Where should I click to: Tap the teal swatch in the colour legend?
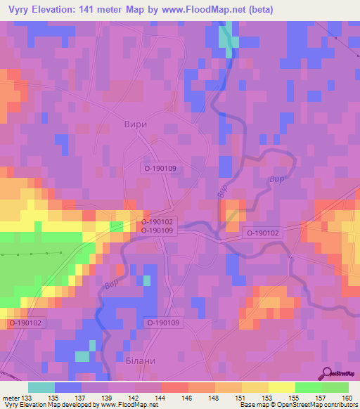41,387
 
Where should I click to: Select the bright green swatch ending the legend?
335,387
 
